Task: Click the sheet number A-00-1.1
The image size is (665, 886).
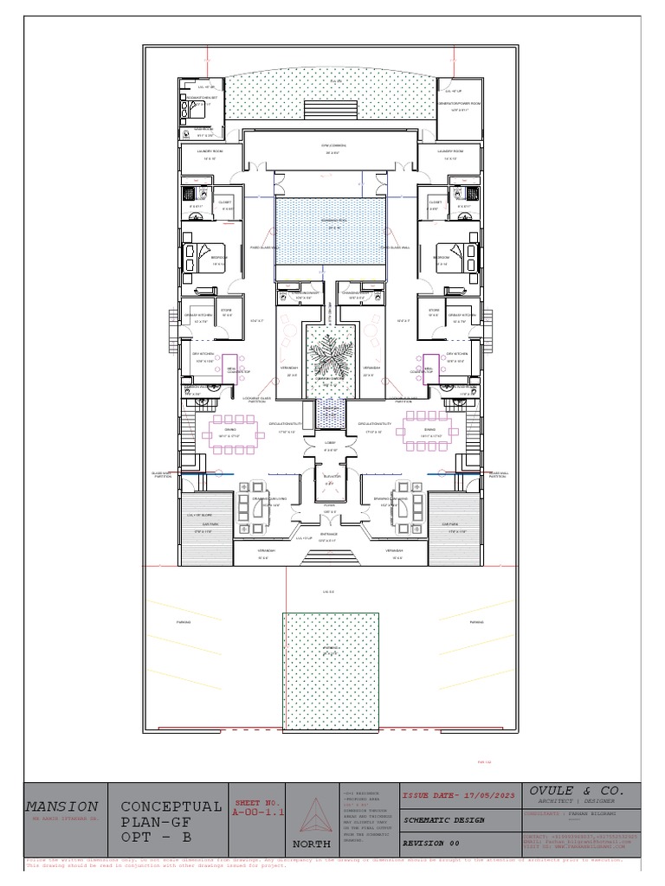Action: pos(255,812)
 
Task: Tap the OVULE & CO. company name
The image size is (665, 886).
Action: pos(576,791)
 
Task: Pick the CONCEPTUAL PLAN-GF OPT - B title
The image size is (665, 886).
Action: pos(171,821)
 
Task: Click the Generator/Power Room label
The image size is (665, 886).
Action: pos(459,103)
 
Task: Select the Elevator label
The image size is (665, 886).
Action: pos(331,477)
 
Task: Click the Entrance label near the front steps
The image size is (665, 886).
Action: pos(330,535)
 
